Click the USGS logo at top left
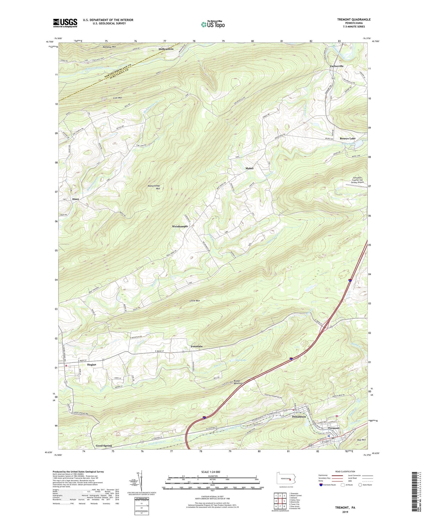[65, 23]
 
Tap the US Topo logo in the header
[213, 24]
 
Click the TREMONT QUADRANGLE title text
[354, 19]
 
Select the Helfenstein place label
[166, 49]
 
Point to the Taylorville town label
[337, 66]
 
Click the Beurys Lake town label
[348, 138]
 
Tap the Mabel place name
[249, 168]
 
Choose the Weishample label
[180, 226]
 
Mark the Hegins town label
[92, 365]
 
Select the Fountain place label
[197, 346]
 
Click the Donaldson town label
[299, 417]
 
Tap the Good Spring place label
[104, 445]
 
